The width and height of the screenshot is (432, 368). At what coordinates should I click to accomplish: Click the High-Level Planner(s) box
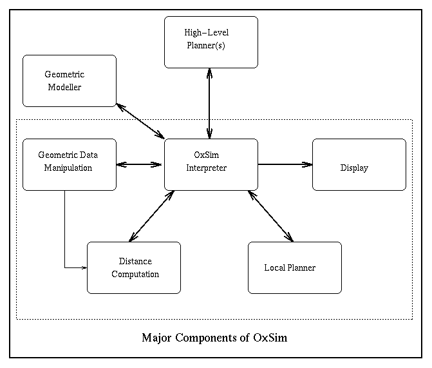(211, 42)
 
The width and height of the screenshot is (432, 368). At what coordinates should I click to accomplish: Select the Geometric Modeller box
(69, 81)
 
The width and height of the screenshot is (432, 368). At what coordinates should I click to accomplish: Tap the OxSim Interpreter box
(211, 164)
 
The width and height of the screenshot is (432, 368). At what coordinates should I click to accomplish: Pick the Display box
(359, 164)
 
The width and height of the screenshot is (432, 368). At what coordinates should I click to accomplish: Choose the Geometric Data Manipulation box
(69, 164)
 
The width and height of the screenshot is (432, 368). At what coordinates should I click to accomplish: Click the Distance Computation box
(133, 267)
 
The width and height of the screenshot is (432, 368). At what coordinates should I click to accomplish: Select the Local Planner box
(294, 267)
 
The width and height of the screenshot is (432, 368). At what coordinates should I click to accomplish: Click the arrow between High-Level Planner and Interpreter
(210, 103)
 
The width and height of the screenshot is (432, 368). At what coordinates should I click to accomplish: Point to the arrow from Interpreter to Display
(285, 164)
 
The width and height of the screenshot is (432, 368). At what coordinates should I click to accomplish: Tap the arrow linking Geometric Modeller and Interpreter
(140, 119)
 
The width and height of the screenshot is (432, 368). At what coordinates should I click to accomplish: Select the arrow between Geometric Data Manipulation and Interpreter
(140, 164)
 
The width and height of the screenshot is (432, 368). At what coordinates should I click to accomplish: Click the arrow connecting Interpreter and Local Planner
(270, 216)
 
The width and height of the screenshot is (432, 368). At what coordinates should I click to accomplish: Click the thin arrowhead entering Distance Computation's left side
(83, 267)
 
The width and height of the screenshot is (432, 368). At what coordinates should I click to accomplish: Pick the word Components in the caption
(207, 338)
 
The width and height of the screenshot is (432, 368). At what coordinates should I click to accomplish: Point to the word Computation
(135, 274)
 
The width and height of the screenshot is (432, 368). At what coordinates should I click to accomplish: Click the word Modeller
(64, 87)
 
